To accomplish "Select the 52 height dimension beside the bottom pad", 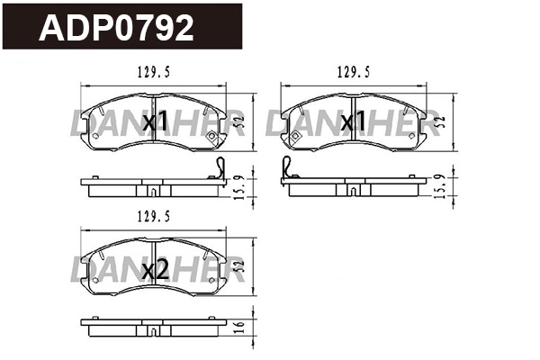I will click(x=238, y=265).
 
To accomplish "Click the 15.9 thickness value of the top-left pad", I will click(x=238, y=186).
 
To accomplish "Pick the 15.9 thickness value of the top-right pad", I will click(x=439, y=186).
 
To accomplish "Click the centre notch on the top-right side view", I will click(x=354, y=191).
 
